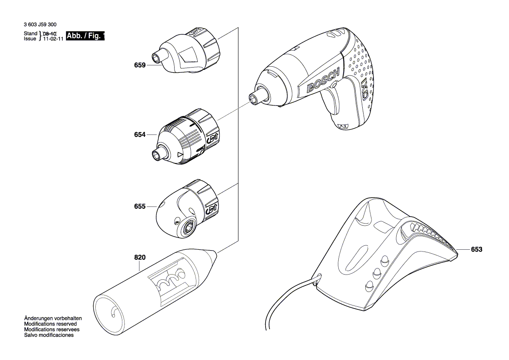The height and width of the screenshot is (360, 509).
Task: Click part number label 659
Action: point(140,65)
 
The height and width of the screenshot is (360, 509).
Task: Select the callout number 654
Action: point(140,135)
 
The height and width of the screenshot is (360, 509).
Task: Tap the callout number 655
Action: point(140,207)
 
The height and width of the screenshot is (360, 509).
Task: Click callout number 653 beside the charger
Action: point(477,250)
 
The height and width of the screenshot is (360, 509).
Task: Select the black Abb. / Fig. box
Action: point(85,36)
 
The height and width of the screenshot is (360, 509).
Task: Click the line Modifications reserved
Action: point(51,324)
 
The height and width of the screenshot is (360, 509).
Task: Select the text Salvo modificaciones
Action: point(49,335)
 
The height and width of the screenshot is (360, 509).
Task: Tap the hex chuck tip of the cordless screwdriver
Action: point(253,98)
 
